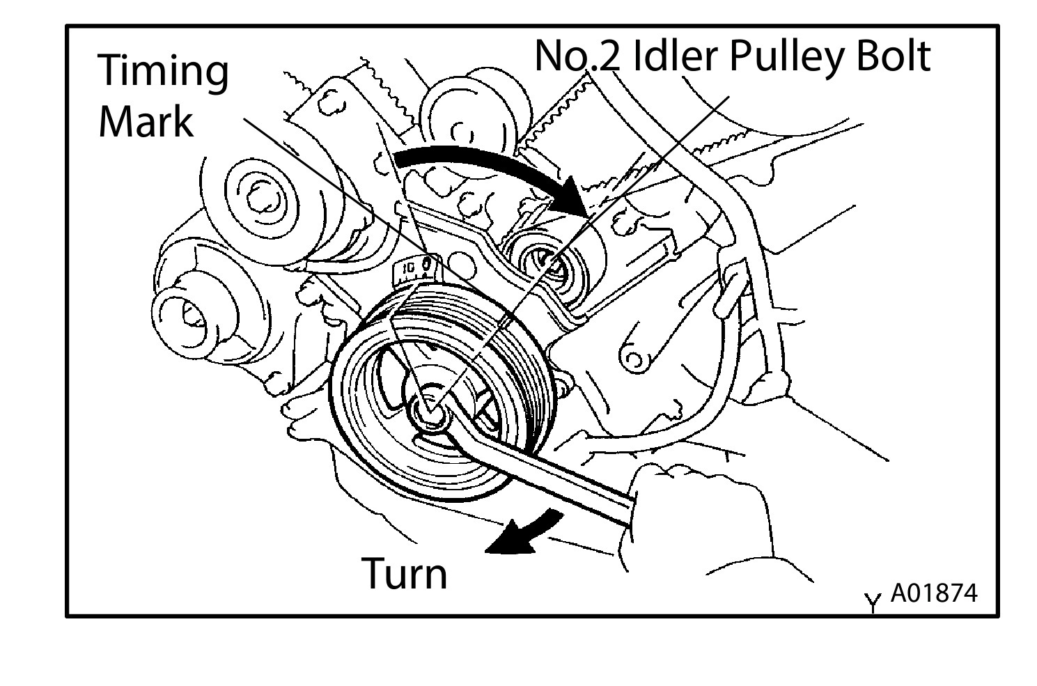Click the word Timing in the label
(164, 70)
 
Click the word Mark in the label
(146, 121)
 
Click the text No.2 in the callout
(577, 56)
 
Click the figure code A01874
(934, 593)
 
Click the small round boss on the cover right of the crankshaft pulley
(634, 359)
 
